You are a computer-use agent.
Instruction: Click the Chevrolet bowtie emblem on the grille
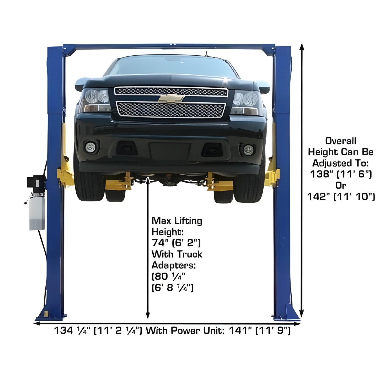pos(171,99)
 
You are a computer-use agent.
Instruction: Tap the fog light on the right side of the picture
pos(248,150)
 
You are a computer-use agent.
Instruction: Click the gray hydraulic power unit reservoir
pos(37,213)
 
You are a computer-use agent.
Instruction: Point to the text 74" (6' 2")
pos(176,243)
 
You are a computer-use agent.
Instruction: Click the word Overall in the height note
pos(341,141)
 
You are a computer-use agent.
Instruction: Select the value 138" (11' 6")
pos(341,174)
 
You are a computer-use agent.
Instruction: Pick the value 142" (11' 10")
pos(341,196)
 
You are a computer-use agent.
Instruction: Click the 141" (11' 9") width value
pos(260,331)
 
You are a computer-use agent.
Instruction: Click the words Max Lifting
pos(177,221)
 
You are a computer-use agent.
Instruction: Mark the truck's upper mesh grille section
pos(171,92)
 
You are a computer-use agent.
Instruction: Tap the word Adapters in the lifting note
pos(173,265)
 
